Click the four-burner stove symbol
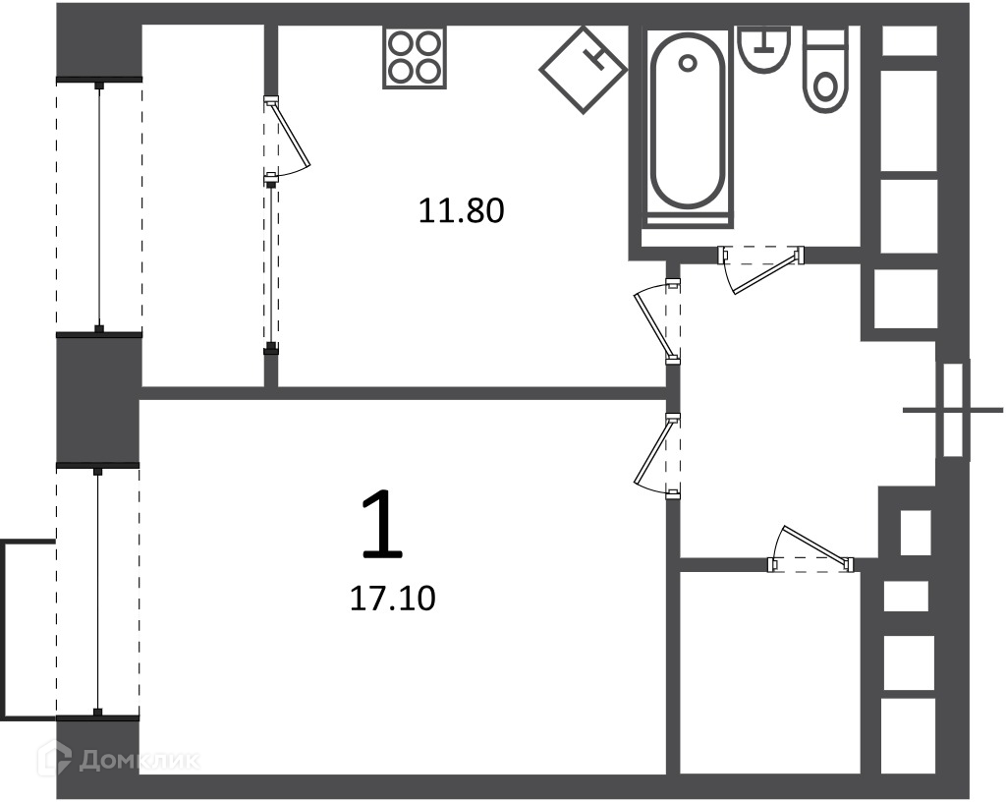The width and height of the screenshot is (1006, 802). (415, 58)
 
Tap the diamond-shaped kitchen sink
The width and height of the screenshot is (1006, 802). (583, 70)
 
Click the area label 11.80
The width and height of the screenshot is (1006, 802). (462, 211)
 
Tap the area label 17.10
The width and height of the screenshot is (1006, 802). (393, 599)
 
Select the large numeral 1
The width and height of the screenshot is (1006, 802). (384, 523)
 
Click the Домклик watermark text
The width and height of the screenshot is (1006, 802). (140, 761)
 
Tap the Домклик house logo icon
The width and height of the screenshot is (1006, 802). (54, 759)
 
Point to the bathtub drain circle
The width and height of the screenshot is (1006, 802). (688, 64)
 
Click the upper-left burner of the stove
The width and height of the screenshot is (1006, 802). (402, 45)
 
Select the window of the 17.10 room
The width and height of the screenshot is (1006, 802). (98, 593)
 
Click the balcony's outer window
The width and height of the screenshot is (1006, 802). (99, 205)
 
